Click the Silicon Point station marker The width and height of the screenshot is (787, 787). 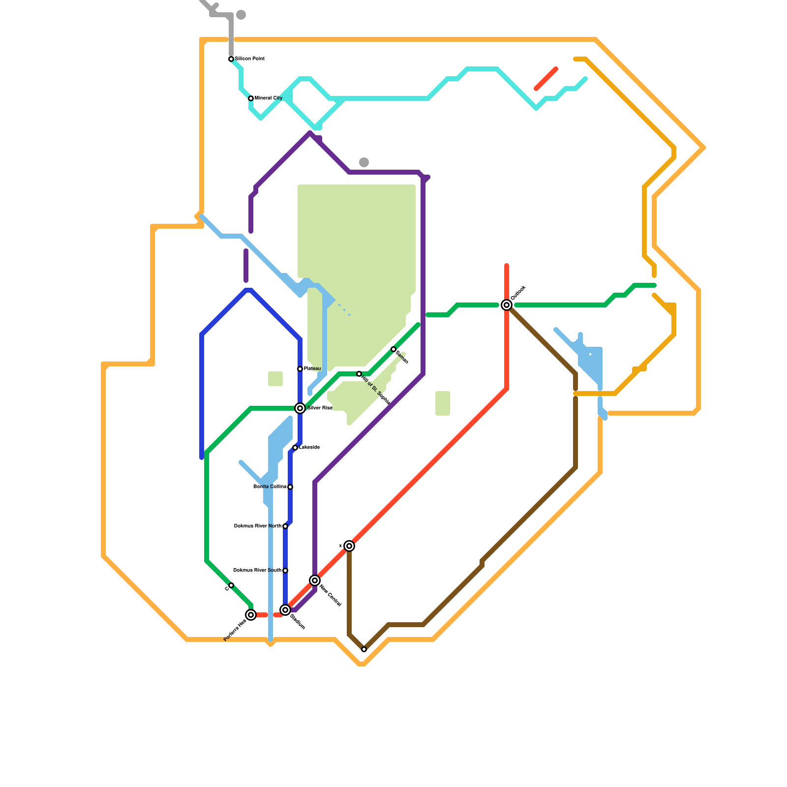pos(231,59)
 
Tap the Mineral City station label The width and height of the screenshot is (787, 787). pos(269,98)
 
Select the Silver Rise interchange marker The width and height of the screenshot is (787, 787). pos(300,408)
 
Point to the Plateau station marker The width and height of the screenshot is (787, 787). pos(300,369)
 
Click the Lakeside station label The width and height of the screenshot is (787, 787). pos(309,448)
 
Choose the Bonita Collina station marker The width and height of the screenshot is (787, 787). pos(290,487)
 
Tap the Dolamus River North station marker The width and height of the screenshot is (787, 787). pos(285,526)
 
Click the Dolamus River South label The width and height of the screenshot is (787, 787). pos(257,571)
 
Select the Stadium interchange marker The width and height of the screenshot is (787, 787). pos(285,610)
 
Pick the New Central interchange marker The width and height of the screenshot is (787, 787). pos(315,580)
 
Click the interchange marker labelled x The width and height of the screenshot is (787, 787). pos(349,546)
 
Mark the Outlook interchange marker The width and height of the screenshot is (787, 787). pos(507,305)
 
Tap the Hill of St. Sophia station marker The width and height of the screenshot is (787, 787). pos(359,374)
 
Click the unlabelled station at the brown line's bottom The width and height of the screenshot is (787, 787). pos(364,649)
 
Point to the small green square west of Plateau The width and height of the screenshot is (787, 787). pos(275,379)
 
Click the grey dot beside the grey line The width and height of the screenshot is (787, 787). pos(241,15)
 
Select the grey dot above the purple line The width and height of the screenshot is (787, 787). pos(364,162)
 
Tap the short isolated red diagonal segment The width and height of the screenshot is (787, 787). pos(546,79)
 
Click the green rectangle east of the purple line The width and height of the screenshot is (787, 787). pos(443,403)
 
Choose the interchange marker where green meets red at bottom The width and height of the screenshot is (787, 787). pos(251,615)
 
